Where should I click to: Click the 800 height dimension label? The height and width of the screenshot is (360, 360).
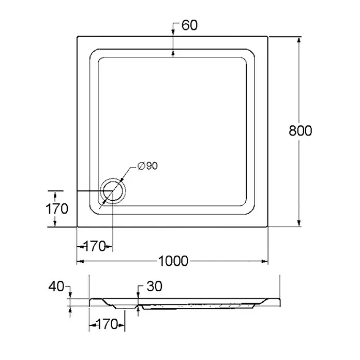point(301,131)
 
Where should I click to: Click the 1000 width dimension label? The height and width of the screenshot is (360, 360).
point(173,261)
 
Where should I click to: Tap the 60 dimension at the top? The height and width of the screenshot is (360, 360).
point(189,25)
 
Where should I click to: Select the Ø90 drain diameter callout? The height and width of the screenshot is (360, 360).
point(147,166)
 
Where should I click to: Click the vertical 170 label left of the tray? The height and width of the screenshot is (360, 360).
point(57,208)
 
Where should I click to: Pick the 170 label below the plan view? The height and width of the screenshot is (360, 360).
point(94,246)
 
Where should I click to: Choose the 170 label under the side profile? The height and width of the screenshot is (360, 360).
point(107,324)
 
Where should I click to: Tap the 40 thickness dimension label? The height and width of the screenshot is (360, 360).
point(56,287)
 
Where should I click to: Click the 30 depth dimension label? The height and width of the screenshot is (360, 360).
point(154,286)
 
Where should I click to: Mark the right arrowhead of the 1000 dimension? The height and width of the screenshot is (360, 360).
point(265,261)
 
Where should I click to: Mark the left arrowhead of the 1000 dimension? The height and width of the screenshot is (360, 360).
point(80,261)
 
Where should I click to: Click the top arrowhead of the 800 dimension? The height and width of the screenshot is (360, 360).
point(298,40)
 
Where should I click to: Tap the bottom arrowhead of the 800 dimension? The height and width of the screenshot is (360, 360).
point(298,223)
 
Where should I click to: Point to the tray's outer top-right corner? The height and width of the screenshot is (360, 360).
point(268,37)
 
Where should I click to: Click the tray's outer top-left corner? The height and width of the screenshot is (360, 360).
point(77,37)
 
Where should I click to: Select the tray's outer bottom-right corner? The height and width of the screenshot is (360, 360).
point(268,227)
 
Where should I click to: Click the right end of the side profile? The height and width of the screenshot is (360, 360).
point(280,302)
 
